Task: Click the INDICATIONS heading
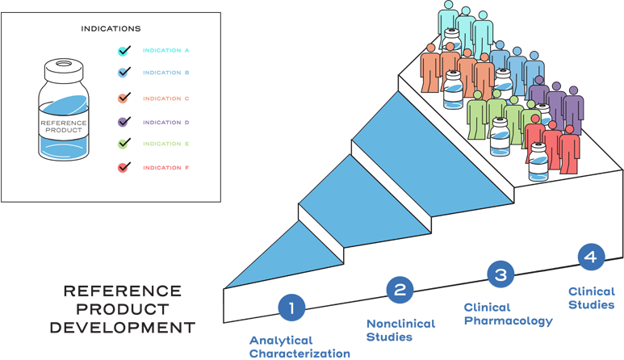point(111,29)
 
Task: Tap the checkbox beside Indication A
point(124,51)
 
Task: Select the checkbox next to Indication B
point(124,73)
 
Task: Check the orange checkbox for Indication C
point(124,98)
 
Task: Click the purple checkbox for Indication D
point(124,122)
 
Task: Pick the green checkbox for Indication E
point(124,144)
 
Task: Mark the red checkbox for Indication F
point(124,168)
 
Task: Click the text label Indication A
point(166,51)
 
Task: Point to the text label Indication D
point(166,123)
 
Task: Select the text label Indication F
point(166,168)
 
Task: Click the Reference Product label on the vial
point(64,126)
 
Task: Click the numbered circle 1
point(291,308)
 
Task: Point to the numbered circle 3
point(500,274)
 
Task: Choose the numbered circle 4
point(592,257)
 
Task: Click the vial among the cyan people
point(453,40)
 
